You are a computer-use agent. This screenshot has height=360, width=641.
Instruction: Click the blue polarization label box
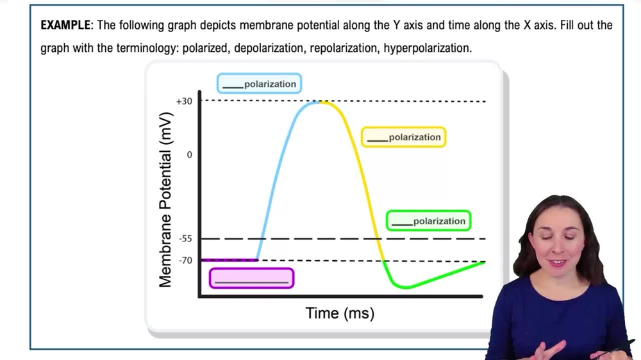click(x=259, y=84)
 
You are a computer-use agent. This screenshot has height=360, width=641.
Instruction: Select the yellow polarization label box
click(x=403, y=137)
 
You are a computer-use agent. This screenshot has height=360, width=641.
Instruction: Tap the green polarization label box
click(x=428, y=221)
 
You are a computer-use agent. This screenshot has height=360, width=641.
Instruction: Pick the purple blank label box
click(x=251, y=278)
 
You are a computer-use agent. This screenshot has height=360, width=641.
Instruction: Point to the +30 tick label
click(x=184, y=101)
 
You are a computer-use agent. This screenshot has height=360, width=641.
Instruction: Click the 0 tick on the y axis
click(x=189, y=154)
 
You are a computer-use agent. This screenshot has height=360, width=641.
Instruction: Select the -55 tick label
click(x=185, y=239)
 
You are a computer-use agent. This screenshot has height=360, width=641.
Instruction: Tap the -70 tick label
click(x=185, y=261)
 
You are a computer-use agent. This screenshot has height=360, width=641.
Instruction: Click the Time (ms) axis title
click(x=340, y=313)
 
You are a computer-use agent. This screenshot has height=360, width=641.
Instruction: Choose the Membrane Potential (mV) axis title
click(x=165, y=200)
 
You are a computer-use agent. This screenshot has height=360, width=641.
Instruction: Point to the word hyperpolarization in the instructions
click(x=428, y=49)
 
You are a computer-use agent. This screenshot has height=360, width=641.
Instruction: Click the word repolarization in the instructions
click(x=344, y=49)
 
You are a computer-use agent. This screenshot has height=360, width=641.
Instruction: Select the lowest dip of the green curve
click(x=405, y=288)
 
